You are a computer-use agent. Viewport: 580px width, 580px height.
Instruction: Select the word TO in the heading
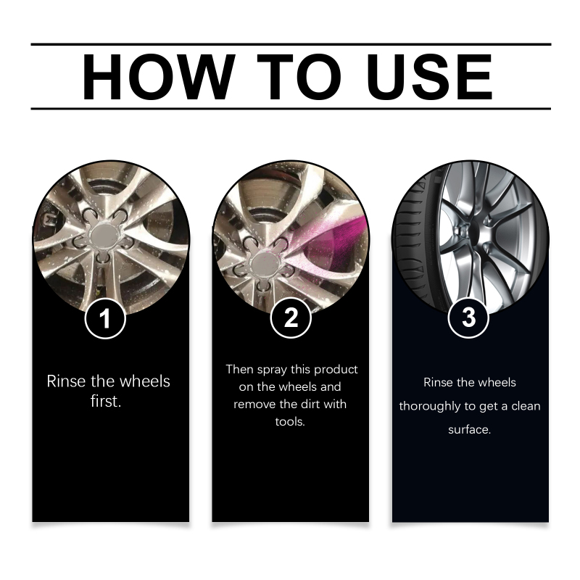click(x=299, y=77)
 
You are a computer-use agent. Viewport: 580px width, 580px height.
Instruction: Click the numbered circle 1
click(x=105, y=318)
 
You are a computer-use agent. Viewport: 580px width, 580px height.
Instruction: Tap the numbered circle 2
click(x=291, y=318)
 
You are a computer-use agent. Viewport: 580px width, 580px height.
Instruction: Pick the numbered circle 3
click(x=468, y=318)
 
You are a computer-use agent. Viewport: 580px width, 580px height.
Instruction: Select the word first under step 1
click(x=106, y=402)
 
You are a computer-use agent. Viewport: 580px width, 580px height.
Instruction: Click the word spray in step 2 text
click(x=272, y=370)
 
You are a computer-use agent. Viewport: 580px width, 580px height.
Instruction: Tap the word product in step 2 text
click(x=336, y=370)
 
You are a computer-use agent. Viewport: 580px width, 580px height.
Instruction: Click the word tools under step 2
click(x=290, y=422)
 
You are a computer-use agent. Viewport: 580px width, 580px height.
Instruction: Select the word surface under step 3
click(x=469, y=430)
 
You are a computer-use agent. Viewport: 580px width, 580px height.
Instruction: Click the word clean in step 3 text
click(x=526, y=406)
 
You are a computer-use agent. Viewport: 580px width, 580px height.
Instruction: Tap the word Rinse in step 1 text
click(x=66, y=381)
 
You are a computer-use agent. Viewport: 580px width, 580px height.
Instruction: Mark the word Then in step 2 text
click(x=240, y=369)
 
